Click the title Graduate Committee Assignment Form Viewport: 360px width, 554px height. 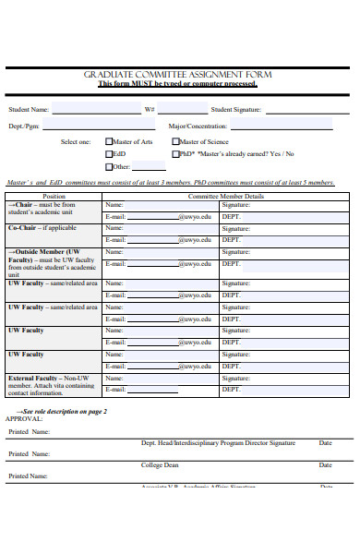178,74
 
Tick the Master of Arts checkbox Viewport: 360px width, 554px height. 109,141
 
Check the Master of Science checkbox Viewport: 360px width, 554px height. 175,141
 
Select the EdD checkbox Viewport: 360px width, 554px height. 109,154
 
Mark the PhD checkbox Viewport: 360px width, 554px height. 175,154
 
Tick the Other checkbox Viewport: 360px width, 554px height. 109,167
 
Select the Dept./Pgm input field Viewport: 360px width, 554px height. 97,126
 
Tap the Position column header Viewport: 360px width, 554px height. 54,197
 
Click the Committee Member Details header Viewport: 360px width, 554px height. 225,197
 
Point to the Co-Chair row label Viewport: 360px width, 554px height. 42,227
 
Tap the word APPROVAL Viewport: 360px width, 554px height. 24,418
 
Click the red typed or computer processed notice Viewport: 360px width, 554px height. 178,84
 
